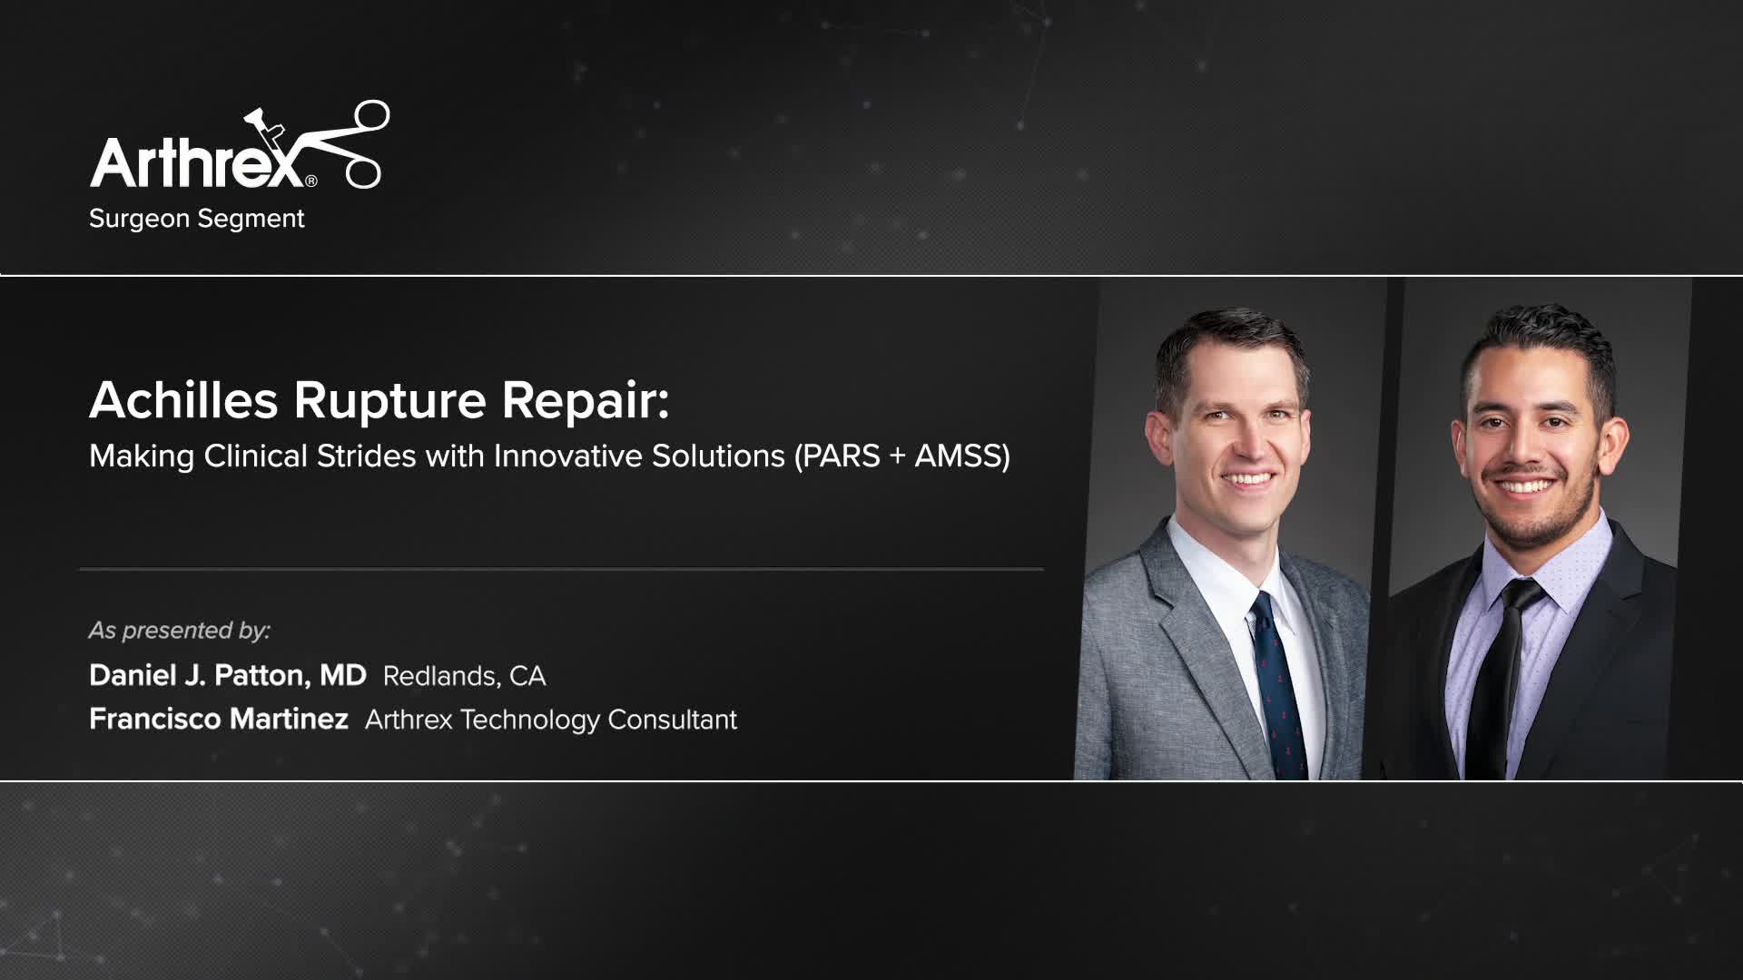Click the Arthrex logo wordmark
tap(195, 163)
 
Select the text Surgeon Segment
tap(196, 219)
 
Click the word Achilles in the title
tap(183, 400)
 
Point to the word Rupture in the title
tap(389, 400)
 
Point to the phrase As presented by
tap(179, 630)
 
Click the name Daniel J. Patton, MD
tap(227, 675)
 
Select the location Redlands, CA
tap(464, 676)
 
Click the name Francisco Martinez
tap(218, 719)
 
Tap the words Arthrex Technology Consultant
tap(550, 720)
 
